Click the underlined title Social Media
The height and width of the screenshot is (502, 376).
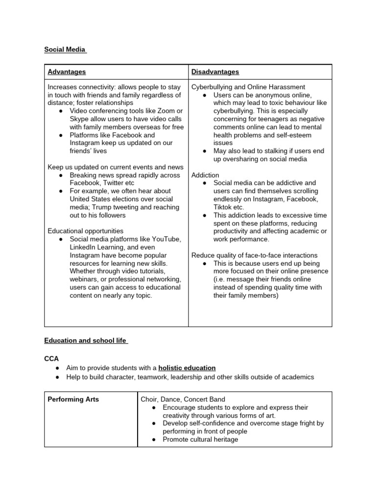(x=65, y=49)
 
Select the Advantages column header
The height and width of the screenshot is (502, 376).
(x=67, y=72)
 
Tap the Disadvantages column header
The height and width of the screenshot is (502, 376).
(x=215, y=72)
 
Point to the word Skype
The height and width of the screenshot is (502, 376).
(x=79, y=119)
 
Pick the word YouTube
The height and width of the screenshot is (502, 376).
(x=168, y=239)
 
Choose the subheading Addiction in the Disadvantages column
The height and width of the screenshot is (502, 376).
(x=205, y=175)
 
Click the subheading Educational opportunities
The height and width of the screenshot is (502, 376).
(x=85, y=231)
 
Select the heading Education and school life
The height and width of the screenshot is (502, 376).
(x=86, y=340)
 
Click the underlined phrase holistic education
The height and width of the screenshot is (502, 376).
(x=187, y=368)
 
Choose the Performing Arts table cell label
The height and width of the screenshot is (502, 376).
(x=73, y=399)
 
